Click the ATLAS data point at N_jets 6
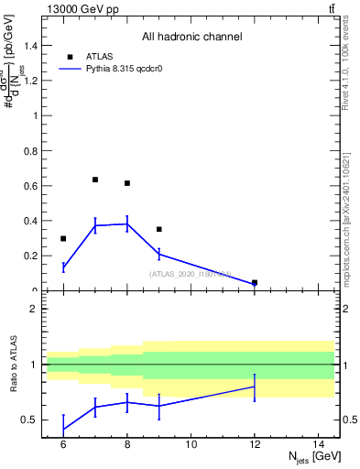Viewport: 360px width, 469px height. point(63,239)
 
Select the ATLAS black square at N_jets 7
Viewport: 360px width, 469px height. point(95,180)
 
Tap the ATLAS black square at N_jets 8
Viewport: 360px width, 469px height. point(127,183)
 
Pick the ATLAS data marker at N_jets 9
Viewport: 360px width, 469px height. point(159,229)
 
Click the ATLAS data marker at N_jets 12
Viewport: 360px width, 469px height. point(255,283)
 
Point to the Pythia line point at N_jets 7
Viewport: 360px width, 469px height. point(95,225)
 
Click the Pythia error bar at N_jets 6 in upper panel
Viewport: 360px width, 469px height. point(63,267)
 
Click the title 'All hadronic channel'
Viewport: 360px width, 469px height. point(191,38)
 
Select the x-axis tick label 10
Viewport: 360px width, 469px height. point(191,444)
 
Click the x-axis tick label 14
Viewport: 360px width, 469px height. point(319,444)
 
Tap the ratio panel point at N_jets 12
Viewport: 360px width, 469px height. point(255,387)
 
